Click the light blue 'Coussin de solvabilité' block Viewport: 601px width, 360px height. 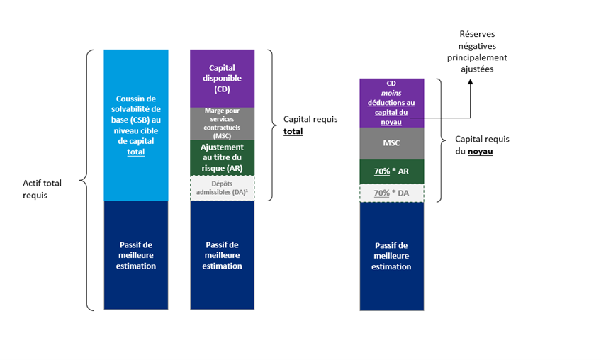[x=135, y=125]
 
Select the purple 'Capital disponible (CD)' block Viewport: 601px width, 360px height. [x=223, y=78]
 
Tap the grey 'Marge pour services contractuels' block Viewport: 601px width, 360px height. [x=223, y=124]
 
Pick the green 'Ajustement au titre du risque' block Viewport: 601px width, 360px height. [x=223, y=157]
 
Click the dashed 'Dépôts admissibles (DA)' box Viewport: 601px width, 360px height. [x=223, y=188]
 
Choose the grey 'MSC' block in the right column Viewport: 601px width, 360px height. [x=392, y=143]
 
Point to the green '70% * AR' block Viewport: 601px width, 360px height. [x=392, y=171]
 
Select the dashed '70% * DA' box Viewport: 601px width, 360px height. [x=392, y=193]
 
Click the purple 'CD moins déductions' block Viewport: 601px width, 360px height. [x=392, y=103]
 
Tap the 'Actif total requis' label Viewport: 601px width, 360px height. [x=42, y=189]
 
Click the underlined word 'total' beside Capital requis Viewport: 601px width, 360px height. [x=293, y=131]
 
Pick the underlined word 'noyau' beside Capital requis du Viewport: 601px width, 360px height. [x=481, y=151]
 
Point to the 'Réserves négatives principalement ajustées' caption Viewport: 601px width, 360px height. [x=477, y=51]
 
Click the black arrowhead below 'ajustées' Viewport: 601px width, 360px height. [x=471, y=81]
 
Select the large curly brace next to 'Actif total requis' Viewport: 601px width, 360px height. [x=83, y=180]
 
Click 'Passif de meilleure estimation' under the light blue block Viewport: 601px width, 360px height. [x=136, y=255]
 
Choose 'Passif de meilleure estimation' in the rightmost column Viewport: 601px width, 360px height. [x=391, y=256]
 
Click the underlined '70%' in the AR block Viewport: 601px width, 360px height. [x=382, y=171]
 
